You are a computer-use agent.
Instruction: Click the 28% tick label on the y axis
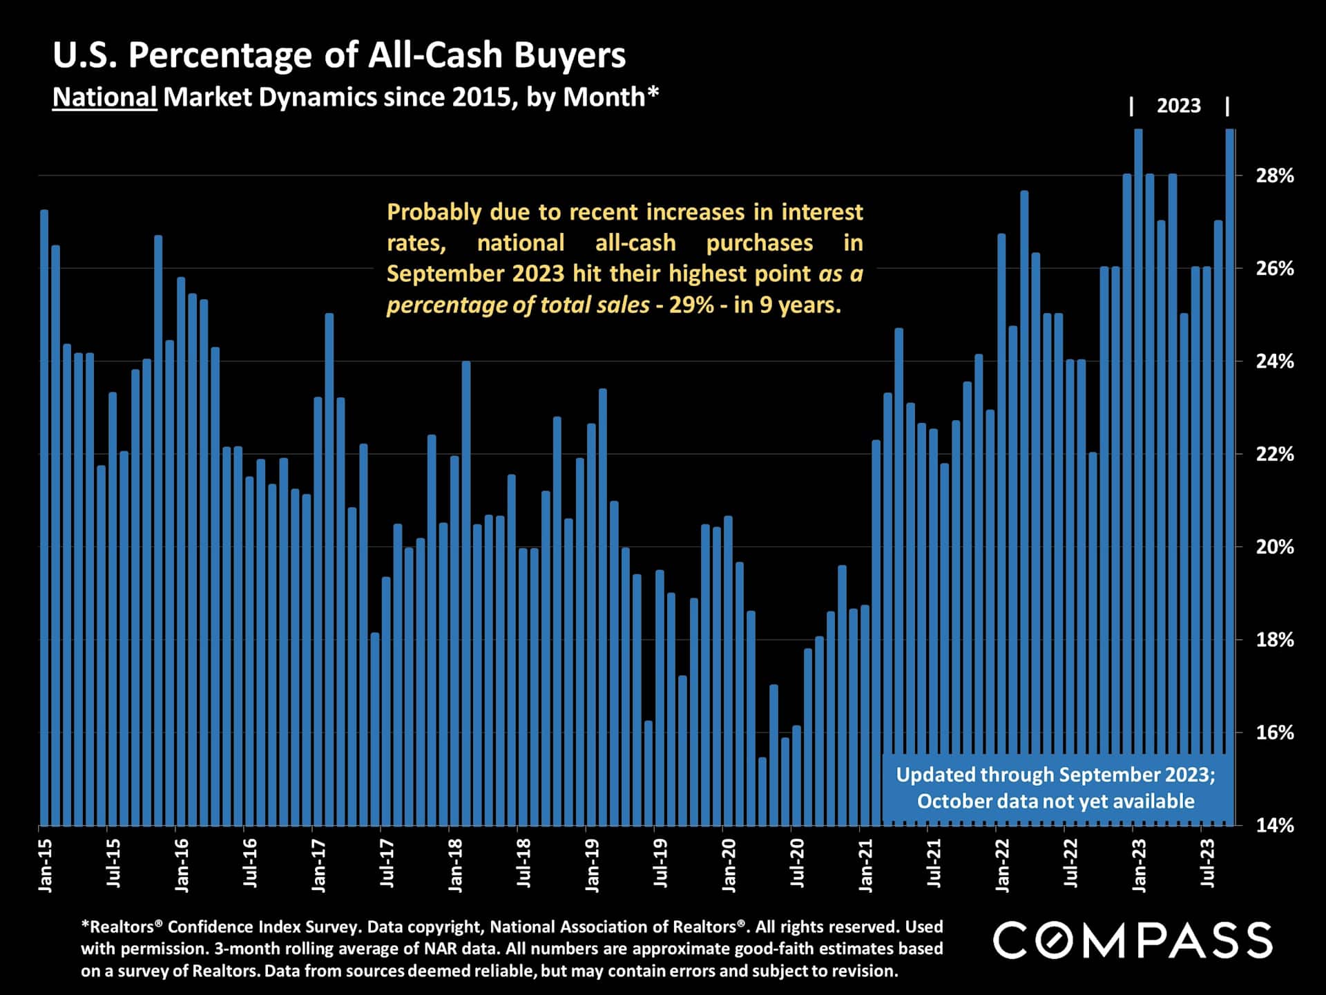tap(1274, 176)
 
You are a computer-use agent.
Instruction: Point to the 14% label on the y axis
tap(1274, 825)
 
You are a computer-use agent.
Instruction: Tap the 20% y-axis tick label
tap(1274, 547)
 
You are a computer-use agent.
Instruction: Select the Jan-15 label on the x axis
tap(45, 864)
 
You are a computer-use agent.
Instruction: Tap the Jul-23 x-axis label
tap(1207, 863)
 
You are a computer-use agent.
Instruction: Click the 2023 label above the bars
tap(1178, 106)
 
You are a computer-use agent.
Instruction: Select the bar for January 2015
tap(44, 518)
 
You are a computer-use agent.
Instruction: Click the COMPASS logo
tap(1133, 940)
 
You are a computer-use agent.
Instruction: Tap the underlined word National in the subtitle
tap(105, 97)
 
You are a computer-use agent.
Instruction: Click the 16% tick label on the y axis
tap(1274, 732)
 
